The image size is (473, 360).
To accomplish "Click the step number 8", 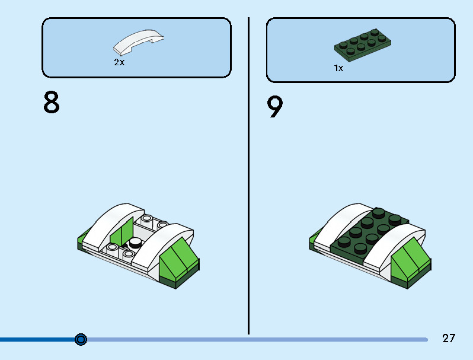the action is coord(52,102).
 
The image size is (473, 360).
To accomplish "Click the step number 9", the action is coord(275,107).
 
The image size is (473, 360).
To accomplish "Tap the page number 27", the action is coord(449,338).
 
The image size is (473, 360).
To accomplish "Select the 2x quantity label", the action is coord(119,62).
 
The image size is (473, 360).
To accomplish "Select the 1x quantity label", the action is coord(338,68).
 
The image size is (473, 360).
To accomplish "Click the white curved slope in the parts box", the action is coord(138,42).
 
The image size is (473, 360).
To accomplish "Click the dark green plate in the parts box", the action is coord(362,45).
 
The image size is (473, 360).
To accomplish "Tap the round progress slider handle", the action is coord(81,339).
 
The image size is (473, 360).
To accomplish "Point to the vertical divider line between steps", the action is coord(248,176).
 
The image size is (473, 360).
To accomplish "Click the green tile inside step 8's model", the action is coord(122,232).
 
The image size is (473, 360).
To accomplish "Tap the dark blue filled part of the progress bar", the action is coord(38,339).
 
